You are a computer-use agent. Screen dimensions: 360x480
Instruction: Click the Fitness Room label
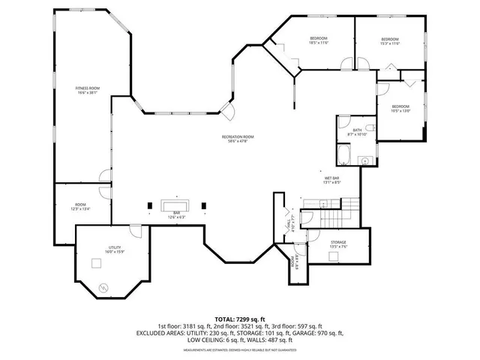(x=87, y=90)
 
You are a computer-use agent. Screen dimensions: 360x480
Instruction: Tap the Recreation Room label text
(x=238, y=138)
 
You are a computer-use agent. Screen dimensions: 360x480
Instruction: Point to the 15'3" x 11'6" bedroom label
(x=389, y=41)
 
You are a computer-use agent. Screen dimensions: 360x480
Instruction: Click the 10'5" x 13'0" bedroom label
(x=400, y=108)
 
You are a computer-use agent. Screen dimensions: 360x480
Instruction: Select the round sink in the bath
(x=365, y=160)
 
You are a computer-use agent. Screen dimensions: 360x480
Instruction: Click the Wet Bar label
(x=332, y=179)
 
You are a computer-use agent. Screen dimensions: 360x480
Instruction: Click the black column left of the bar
(x=150, y=205)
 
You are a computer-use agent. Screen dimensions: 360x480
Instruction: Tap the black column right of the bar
(x=204, y=205)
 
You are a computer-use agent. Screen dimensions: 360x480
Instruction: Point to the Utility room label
(x=114, y=250)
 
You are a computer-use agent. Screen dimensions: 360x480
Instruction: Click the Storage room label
(x=338, y=243)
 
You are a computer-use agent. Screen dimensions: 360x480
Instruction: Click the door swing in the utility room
(x=135, y=232)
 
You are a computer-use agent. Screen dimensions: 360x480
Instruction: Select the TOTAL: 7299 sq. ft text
(x=239, y=319)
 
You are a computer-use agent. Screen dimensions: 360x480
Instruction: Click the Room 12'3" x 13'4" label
(x=80, y=207)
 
